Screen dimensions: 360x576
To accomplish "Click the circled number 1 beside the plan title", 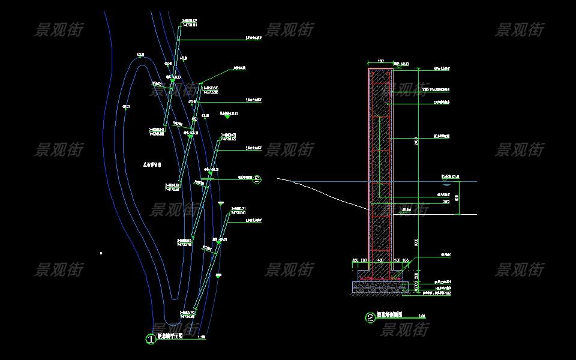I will tap(151, 339).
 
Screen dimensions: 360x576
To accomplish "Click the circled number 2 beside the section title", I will tap(370, 318).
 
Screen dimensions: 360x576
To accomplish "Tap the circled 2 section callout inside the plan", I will tap(257, 178).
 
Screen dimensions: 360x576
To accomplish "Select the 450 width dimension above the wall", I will tap(380, 61).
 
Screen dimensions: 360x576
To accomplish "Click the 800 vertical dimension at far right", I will tap(457, 197).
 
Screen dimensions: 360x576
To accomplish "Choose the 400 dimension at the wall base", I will tap(380, 261).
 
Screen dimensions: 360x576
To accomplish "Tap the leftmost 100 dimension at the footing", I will tap(355, 261).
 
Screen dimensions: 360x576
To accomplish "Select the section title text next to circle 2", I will tap(389, 315).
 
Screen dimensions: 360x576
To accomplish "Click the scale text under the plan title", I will tap(201, 338).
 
